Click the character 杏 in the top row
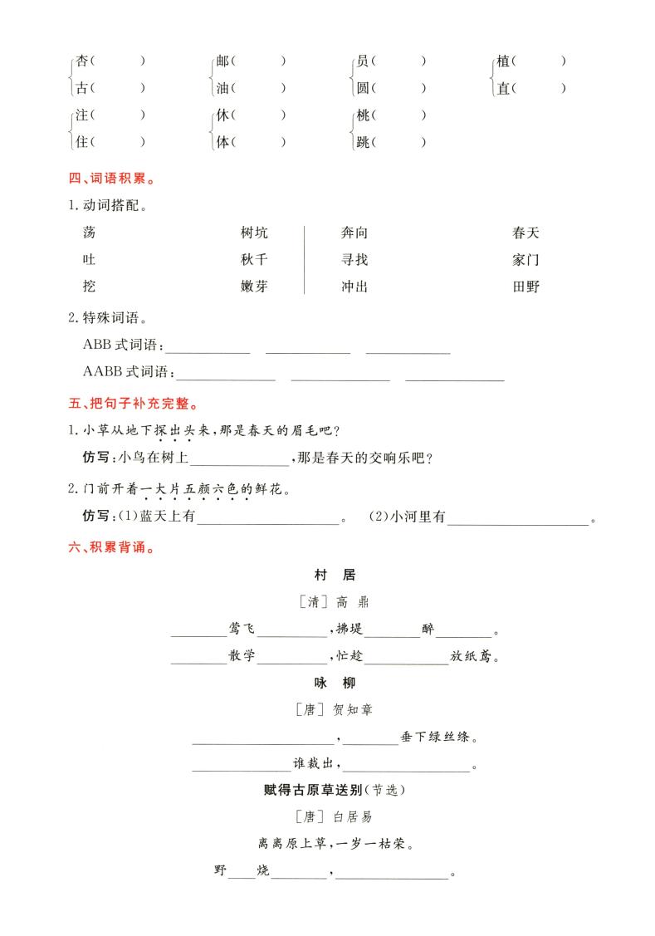[x=82, y=61]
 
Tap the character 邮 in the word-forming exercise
[x=222, y=61]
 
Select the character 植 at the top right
[x=503, y=61]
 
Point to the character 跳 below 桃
[x=363, y=142]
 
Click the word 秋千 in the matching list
[x=254, y=260]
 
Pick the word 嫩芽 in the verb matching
[x=254, y=287]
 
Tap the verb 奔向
[x=354, y=233]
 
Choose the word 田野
[x=525, y=287]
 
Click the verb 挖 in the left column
[x=90, y=287]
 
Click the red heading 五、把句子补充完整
[x=133, y=404]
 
